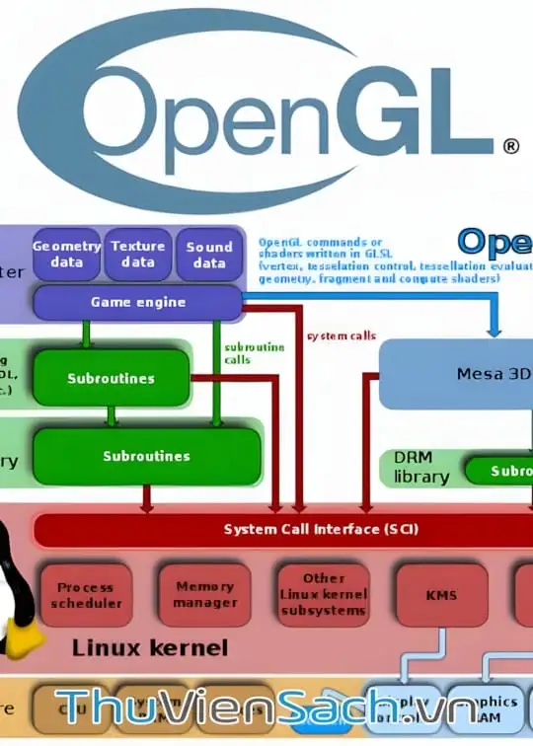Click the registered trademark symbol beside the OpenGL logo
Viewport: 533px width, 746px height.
coord(510,146)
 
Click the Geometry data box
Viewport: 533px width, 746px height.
coord(66,255)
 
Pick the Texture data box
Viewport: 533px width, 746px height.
coord(138,255)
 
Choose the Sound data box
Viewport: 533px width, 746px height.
coord(209,255)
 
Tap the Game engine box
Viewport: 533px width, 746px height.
coord(138,302)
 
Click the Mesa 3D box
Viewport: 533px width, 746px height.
coord(464,374)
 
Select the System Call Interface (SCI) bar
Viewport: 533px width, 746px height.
coord(321,529)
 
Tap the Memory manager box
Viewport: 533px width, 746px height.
coord(205,594)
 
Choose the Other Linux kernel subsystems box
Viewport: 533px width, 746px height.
coord(324,595)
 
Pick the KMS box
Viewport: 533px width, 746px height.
coord(441,596)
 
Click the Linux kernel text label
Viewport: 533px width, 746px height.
coord(150,648)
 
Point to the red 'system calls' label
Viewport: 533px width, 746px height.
coord(342,336)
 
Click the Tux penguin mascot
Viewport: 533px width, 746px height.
coord(14,592)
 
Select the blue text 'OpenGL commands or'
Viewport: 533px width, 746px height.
coord(320,242)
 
